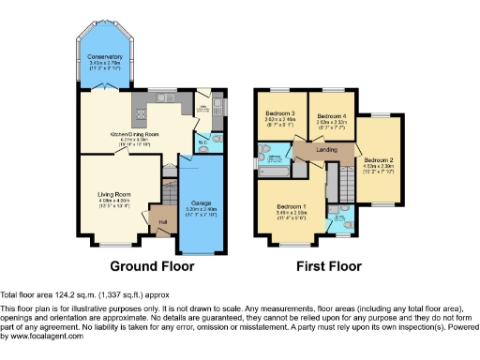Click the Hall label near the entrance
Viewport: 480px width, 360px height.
[x=162, y=221]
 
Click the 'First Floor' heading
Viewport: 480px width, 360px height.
[x=329, y=266]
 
